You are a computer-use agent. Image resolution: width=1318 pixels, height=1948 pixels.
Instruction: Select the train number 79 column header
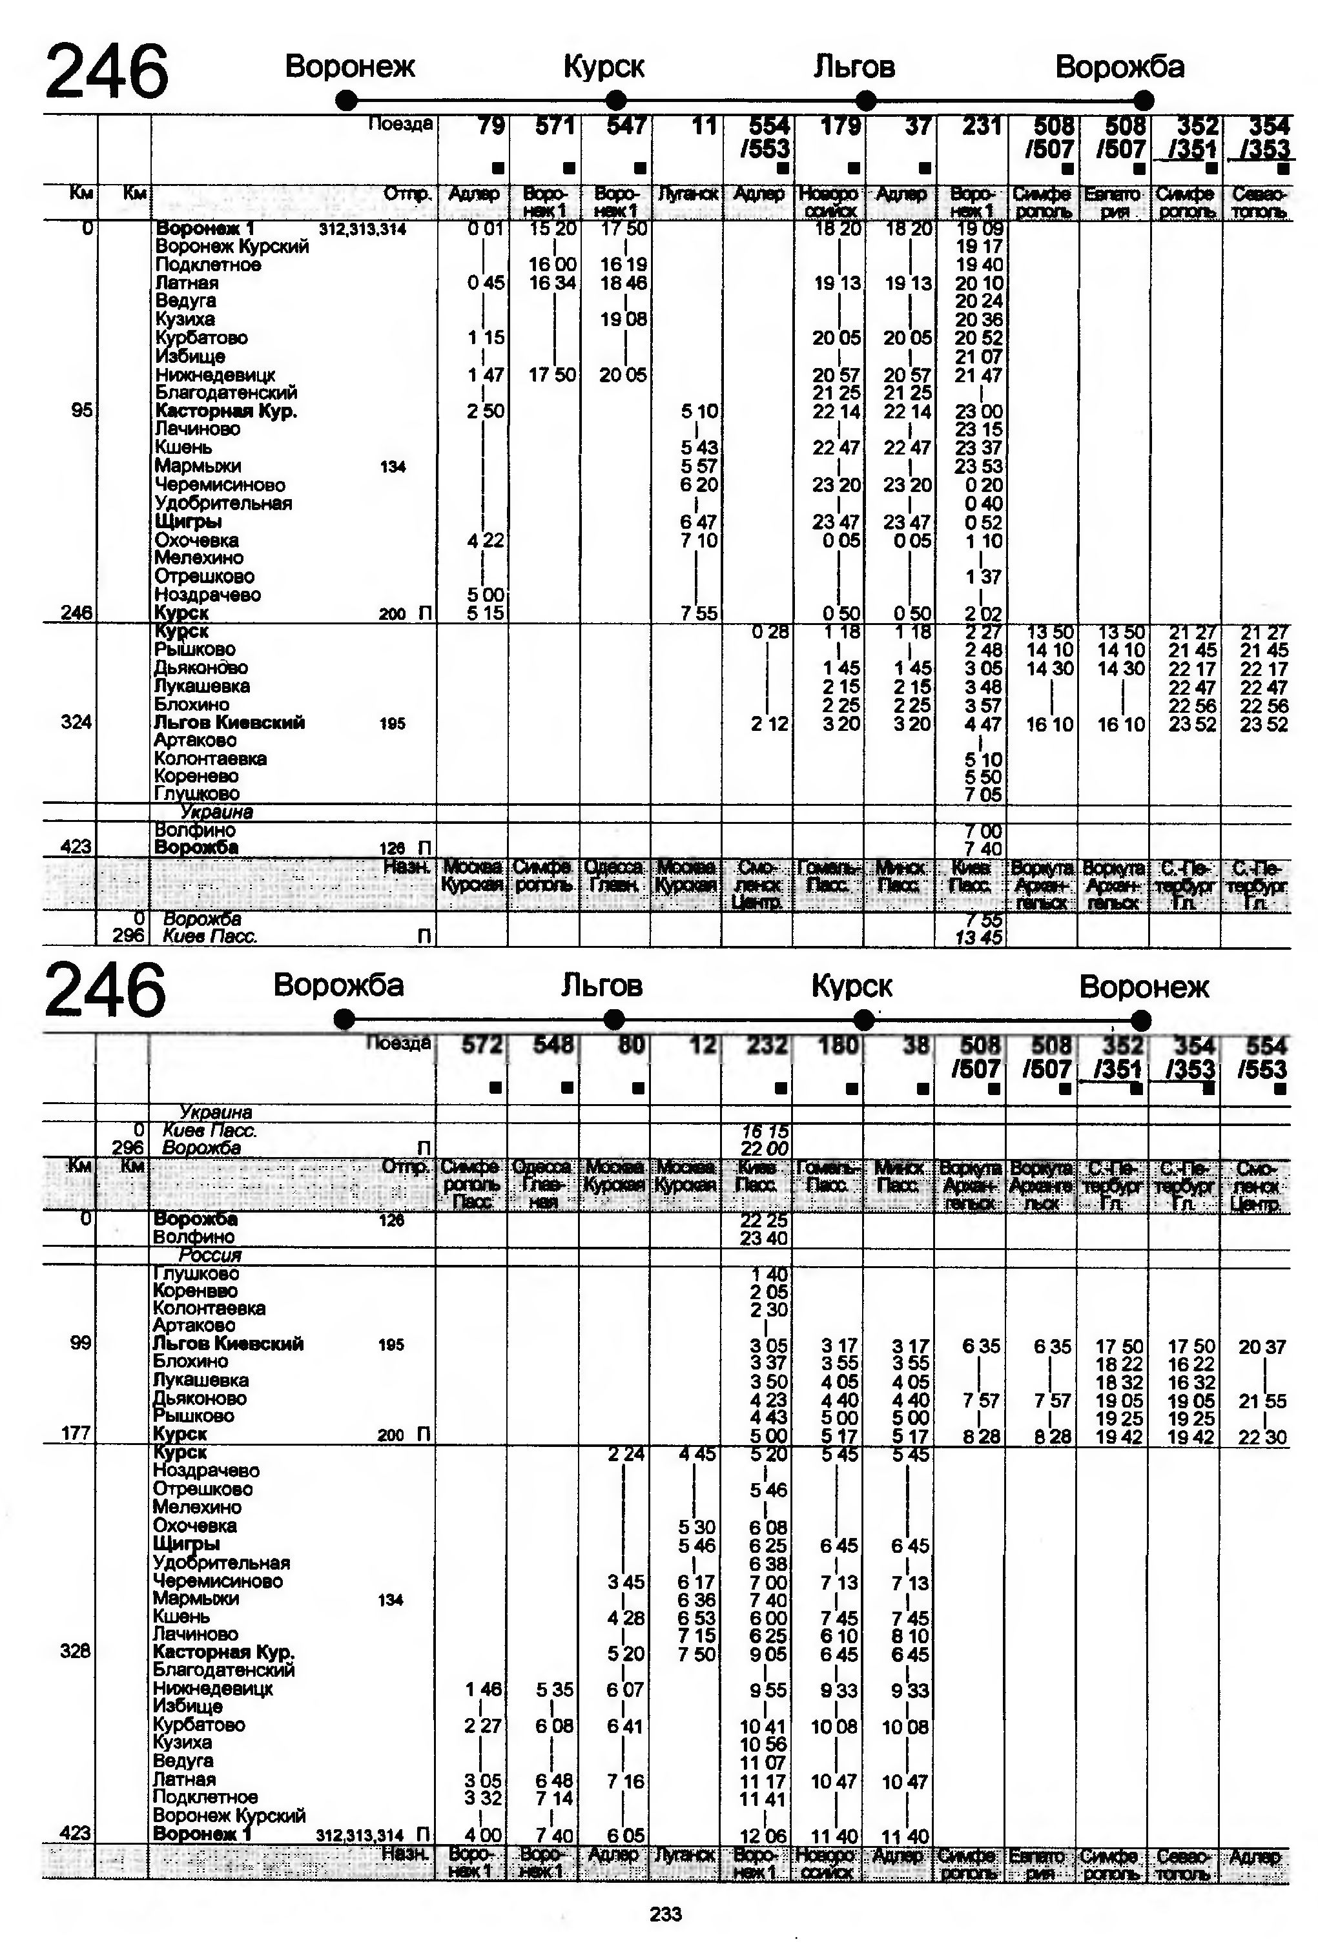point(491,127)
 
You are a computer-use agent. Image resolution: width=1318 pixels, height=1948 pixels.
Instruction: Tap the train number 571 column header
point(556,127)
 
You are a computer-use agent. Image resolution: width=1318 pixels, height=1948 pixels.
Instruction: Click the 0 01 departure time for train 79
point(486,229)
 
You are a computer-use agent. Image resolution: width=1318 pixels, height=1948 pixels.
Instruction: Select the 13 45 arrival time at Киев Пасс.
point(978,937)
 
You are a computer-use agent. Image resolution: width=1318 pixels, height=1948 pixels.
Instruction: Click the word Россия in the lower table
point(210,1255)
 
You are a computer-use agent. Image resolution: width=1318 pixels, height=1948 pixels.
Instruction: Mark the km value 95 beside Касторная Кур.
point(81,411)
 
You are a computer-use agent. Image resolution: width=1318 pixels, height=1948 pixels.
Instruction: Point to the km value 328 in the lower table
point(76,1651)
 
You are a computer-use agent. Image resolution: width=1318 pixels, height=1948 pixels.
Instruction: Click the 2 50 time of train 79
point(486,411)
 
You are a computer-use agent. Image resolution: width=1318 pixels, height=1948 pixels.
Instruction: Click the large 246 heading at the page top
point(107,72)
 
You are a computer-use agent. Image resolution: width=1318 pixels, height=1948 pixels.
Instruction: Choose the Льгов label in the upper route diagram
point(854,67)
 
